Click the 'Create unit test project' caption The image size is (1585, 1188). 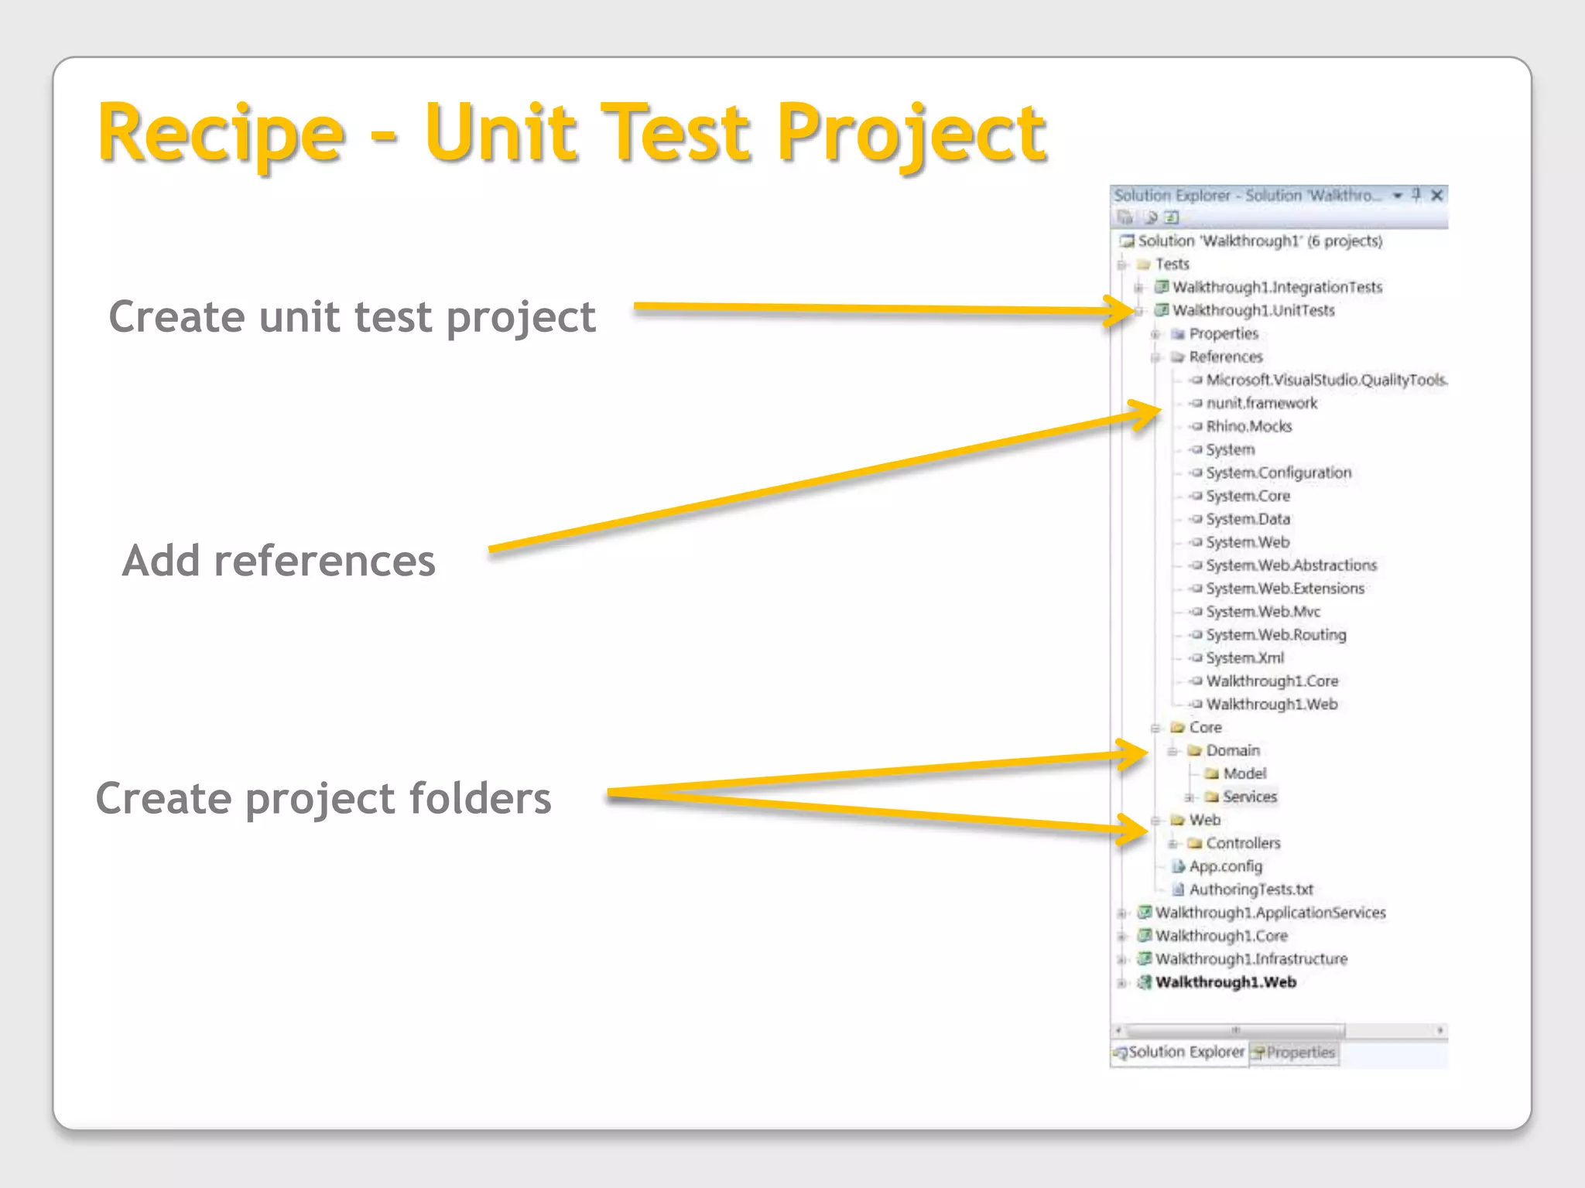352,317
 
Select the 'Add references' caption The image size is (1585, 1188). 279,561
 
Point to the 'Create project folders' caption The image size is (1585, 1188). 324,798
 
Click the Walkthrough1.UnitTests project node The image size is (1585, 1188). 1253,311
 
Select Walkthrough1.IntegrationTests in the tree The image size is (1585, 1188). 1277,288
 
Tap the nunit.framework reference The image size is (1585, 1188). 1261,404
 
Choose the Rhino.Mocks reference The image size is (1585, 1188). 1249,427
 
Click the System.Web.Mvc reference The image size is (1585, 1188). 1263,612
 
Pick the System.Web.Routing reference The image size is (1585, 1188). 1276,635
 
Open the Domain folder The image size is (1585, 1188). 1233,751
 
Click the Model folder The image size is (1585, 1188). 1244,774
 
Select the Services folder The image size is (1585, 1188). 1249,797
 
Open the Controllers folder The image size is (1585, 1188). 1243,844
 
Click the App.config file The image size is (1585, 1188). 1225,867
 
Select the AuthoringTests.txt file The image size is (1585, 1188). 1251,890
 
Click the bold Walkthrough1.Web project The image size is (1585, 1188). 1226,983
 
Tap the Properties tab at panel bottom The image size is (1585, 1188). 1299,1053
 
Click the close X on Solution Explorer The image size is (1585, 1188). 1437,196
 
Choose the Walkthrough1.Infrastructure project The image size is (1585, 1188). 1251,960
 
